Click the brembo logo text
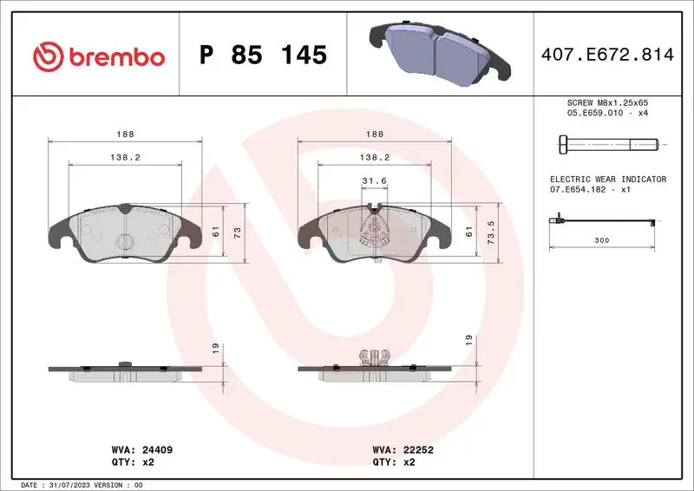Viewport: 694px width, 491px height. point(116,56)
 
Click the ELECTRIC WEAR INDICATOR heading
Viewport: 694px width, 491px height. point(607,179)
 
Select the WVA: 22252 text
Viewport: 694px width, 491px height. point(404,450)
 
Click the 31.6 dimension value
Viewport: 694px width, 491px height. point(374,180)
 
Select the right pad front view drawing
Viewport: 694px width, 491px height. point(374,233)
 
